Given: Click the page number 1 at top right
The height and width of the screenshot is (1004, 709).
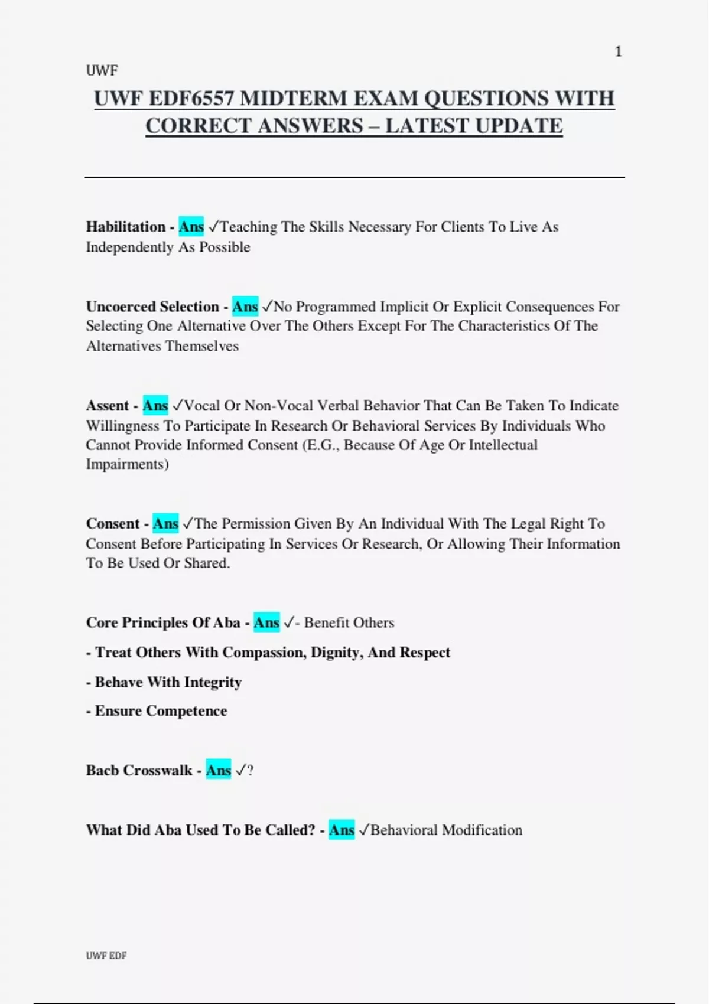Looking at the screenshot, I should [x=618, y=52].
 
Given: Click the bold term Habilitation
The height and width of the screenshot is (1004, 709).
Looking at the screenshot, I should [x=126, y=227].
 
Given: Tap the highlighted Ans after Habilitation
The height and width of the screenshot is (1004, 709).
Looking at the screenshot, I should [x=191, y=227].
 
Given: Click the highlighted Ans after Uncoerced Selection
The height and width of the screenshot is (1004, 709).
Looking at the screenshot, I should [x=245, y=307].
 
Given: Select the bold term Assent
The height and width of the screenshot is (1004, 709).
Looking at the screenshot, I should [x=107, y=406].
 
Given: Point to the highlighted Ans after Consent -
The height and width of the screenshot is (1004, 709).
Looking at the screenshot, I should [x=165, y=524].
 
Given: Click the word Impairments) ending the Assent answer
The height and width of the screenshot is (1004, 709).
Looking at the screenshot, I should [x=127, y=464].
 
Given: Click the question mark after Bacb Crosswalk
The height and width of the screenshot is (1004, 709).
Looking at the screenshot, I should [x=250, y=771].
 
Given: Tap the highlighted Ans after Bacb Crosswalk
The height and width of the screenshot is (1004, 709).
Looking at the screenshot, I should [x=218, y=771].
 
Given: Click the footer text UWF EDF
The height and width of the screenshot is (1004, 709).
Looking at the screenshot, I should [x=106, y=956].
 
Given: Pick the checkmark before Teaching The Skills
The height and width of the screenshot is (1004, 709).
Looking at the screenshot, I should [x=213, y=227].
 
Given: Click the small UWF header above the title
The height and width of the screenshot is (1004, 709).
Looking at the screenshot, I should [x=102, y=71].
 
